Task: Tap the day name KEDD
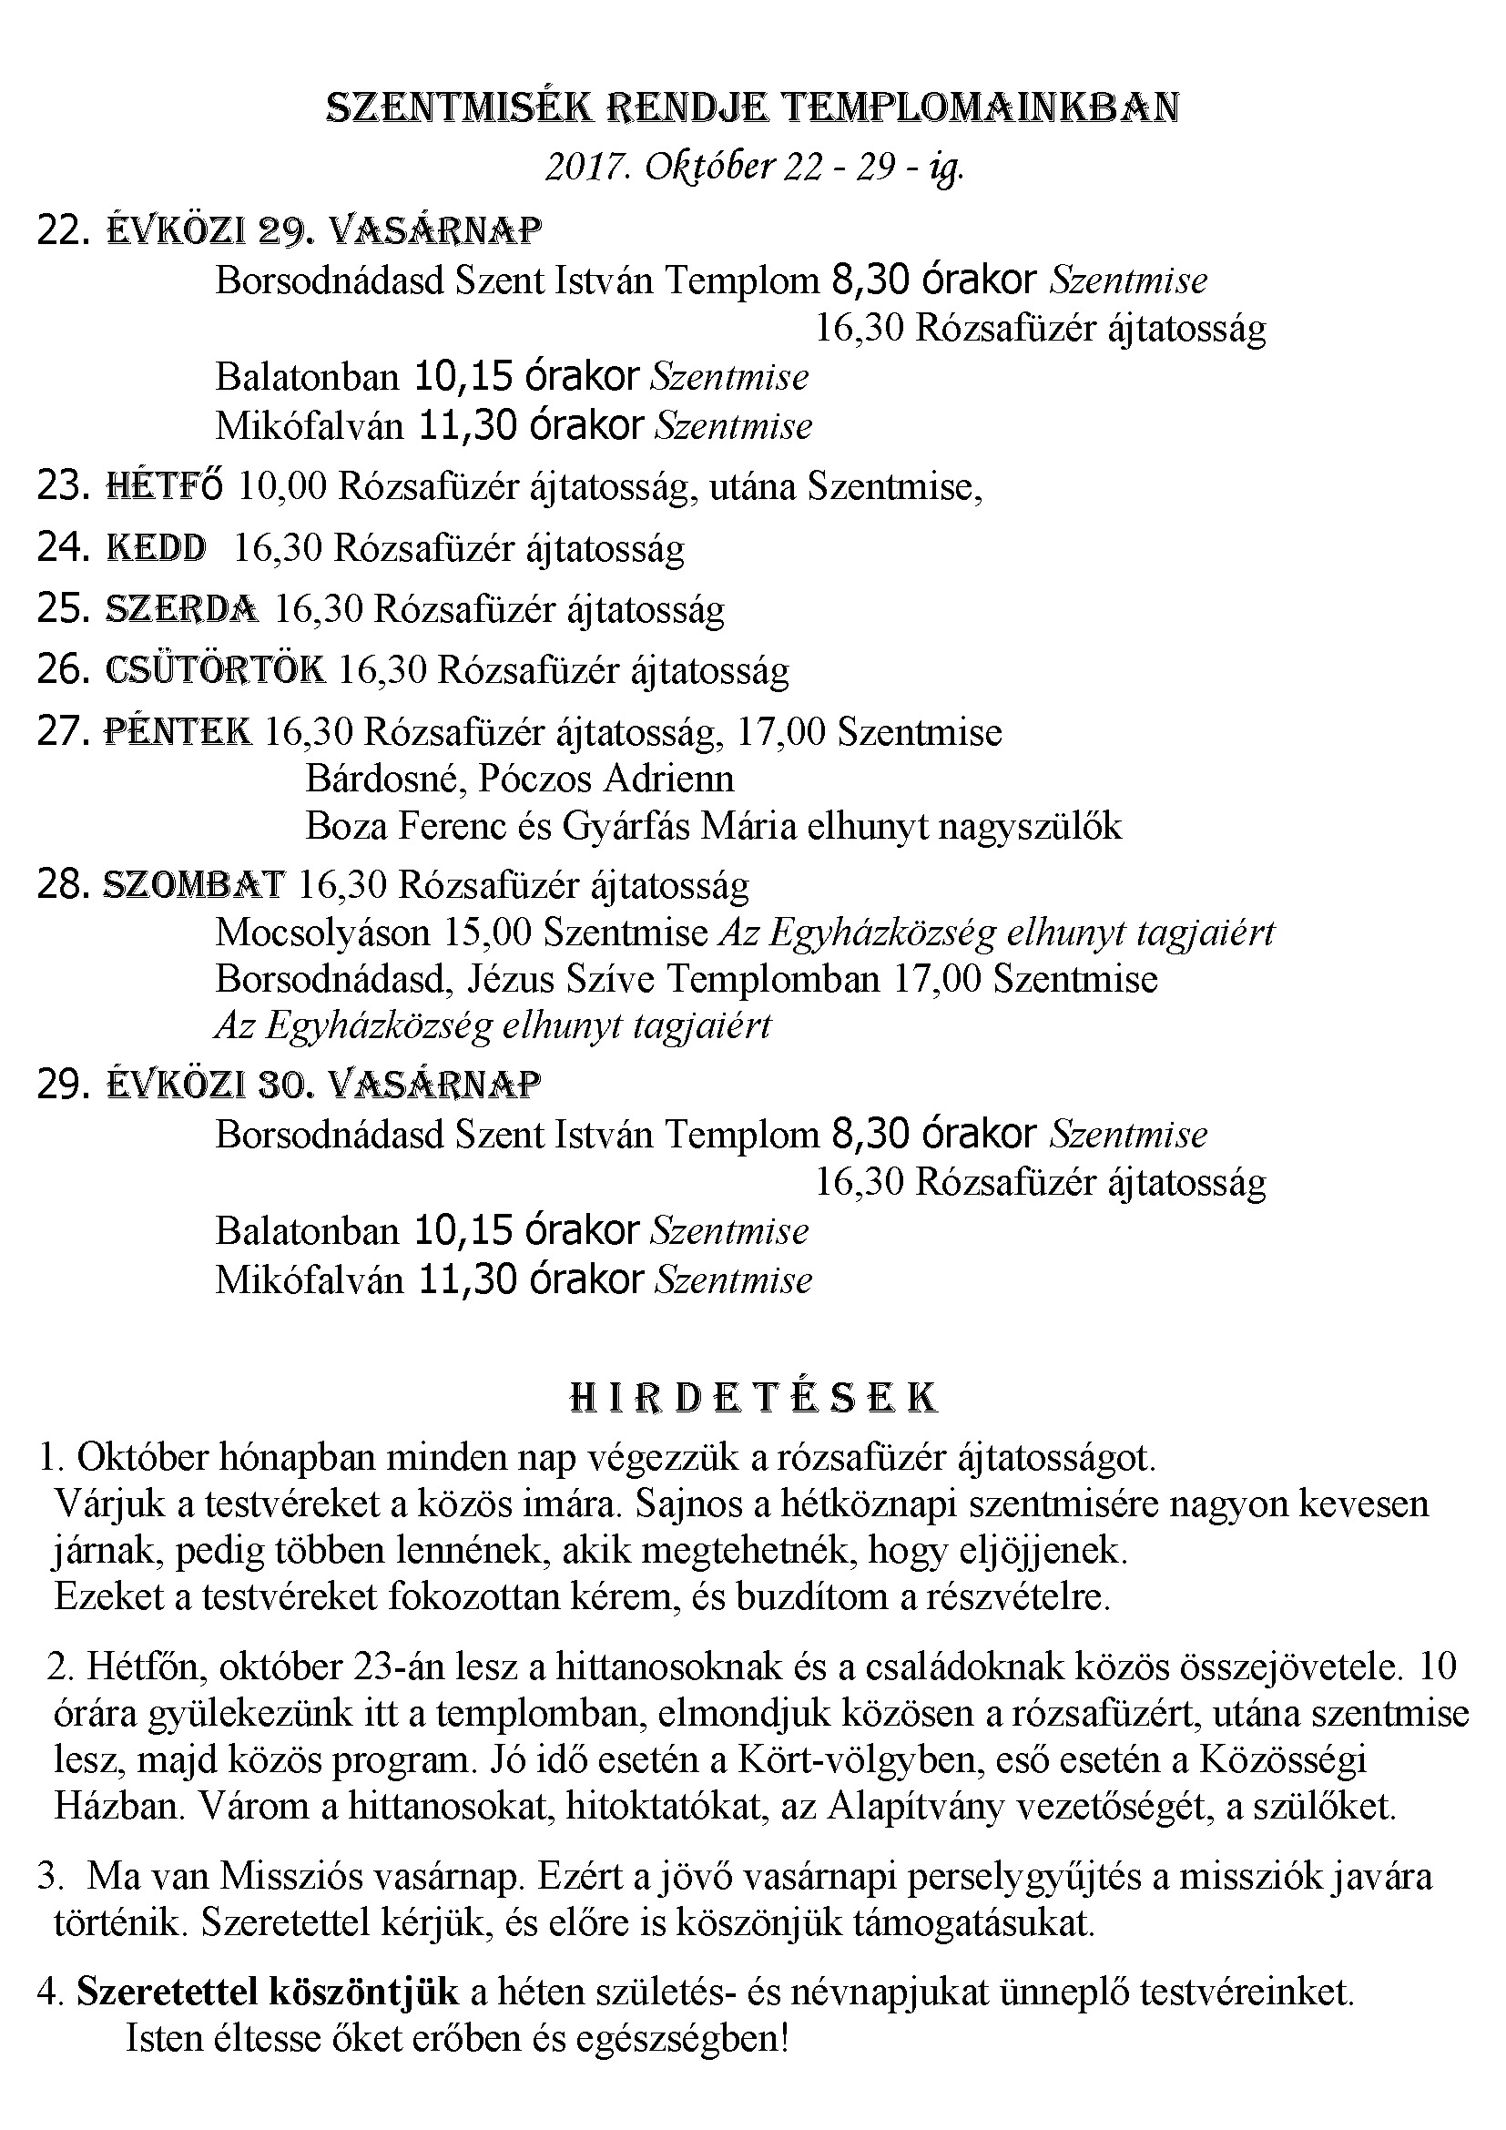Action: click(157, 548)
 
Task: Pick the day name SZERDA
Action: click(182, 609)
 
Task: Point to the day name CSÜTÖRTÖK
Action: click(215, 670)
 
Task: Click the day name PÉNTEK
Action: click(178, 732)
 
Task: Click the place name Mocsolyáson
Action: click(322, 933)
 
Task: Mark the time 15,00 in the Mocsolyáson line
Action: click(488, 933)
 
